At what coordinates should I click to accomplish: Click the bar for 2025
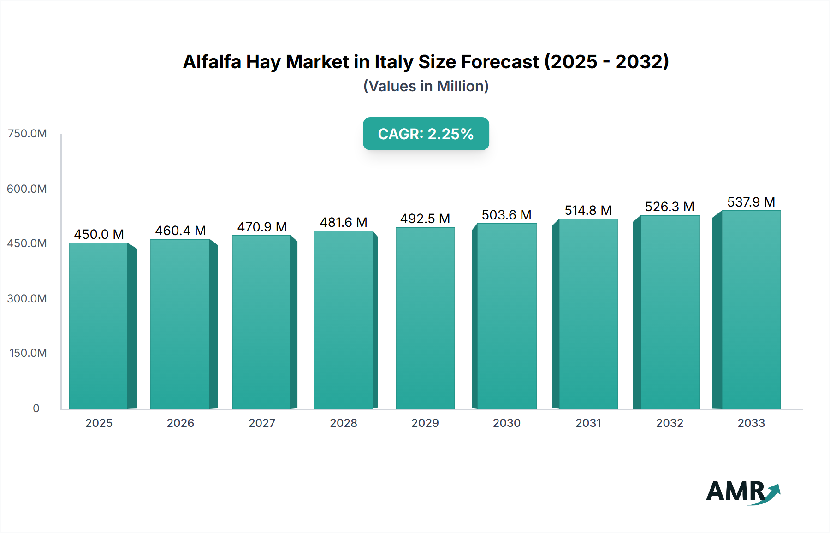click(99, 326)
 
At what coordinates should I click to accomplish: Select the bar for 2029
click(425, 318)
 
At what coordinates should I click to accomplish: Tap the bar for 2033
click(751, 309)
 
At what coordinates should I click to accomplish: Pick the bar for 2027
click(262, 322)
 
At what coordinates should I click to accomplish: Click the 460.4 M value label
click(180, 231)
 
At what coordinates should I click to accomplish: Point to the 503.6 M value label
click(506, 215)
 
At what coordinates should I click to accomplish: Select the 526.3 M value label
click(670, 207)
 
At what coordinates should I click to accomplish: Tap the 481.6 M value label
click(344, 222)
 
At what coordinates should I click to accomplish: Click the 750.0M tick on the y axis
click(27, 134)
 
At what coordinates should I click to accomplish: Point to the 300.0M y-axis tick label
click(27, 299)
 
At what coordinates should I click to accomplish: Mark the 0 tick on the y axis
click(36, 409)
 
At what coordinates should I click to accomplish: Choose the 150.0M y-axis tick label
click(28, 353)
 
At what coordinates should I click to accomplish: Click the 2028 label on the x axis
click(344, 423)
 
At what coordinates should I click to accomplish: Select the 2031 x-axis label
click(588, 423)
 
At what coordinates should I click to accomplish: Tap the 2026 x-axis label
click(180, 423)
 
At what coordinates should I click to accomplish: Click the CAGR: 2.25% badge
click(426, 134)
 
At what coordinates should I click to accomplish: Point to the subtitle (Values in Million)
click(426, 86)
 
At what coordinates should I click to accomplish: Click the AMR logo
click(742, 492)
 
